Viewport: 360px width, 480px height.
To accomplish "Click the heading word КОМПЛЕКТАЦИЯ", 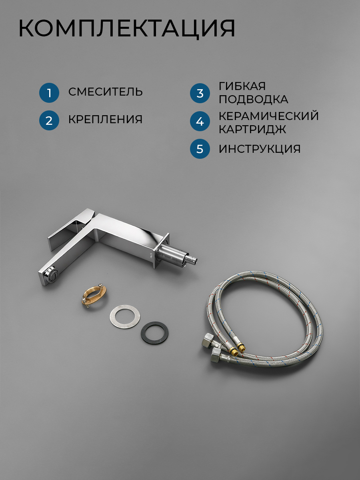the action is pos(127,28).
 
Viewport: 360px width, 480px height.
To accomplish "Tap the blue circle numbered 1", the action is pos(49,93).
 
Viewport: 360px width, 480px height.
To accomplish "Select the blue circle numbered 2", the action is pos(49,120).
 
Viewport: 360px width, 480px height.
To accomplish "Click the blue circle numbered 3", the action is pos(200,93).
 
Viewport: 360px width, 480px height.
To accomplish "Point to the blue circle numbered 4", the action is pos(200,121).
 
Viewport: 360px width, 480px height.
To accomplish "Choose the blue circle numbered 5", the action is pos(200,149).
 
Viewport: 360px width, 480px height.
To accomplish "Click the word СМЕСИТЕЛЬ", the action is pos(106,92).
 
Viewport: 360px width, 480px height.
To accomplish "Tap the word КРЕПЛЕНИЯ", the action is pos(105,119).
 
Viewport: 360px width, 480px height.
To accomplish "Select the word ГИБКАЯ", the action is pos(242,86).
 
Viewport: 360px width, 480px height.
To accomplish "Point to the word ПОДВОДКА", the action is pos(254,100).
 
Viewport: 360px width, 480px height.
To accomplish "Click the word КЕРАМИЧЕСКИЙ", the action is pos(269,116).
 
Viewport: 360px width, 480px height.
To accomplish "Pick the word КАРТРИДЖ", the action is pos(252,129).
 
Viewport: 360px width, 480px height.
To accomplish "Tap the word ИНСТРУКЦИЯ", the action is pos(260,149).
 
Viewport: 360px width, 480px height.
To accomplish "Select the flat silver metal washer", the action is pos(125,316).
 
